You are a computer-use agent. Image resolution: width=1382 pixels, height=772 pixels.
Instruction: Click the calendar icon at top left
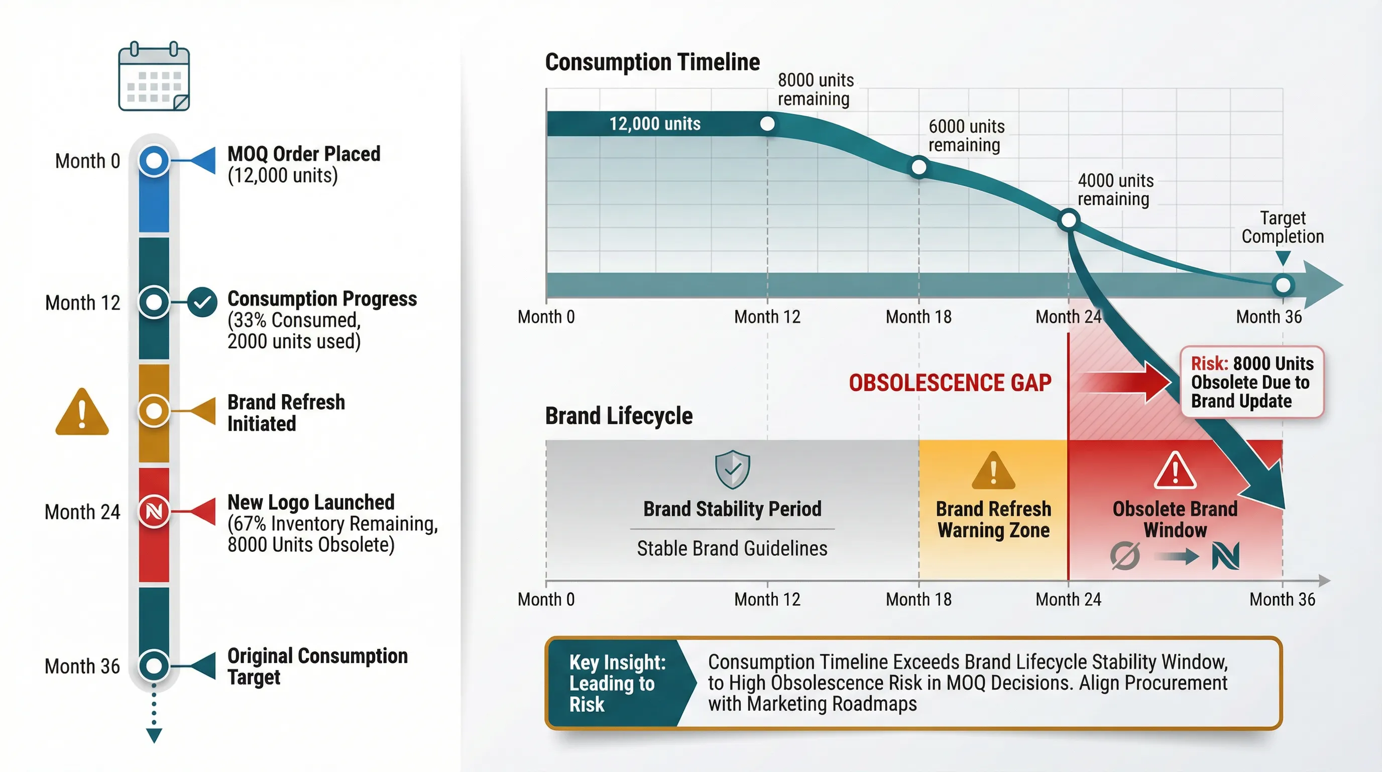pos(154,77)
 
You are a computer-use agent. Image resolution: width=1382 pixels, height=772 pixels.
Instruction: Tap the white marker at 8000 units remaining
pos(767,124)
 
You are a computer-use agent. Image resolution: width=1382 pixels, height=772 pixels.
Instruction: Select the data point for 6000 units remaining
pos(918,167)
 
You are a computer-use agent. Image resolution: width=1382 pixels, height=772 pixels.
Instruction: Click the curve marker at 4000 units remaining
pos(1069,220)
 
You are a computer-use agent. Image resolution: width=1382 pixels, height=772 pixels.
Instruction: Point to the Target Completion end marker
pos(1283,285)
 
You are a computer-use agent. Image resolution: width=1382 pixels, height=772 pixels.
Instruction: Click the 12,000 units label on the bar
pos(654,124)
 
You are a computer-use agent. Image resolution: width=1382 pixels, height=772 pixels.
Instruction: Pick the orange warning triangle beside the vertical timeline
pos(82,413)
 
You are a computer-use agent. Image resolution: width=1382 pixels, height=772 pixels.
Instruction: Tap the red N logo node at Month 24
pos(154,511)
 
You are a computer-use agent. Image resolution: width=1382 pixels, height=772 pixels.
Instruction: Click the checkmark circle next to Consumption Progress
pos(202,302)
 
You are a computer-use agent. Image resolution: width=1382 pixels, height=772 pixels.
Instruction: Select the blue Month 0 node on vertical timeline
pos(154,160)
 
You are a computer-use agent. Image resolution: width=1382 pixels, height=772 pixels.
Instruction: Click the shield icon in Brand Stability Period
pos(732,469)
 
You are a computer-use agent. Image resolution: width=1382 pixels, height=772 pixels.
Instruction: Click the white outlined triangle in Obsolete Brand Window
pos(1175,471)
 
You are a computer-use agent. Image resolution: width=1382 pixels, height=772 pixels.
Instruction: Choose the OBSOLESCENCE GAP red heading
pos(950,383)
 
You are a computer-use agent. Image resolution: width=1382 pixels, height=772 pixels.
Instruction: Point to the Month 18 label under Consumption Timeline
pos(918,317)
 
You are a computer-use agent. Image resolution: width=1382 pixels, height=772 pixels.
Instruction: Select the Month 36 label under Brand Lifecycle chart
pos(1282,599)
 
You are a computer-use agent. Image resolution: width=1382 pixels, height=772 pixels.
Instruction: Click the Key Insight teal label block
pos(617,683)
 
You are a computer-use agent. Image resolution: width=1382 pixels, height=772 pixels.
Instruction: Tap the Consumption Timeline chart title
pos(652,62)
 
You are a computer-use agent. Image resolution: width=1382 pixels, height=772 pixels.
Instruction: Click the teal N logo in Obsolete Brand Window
pos(1225,556)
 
